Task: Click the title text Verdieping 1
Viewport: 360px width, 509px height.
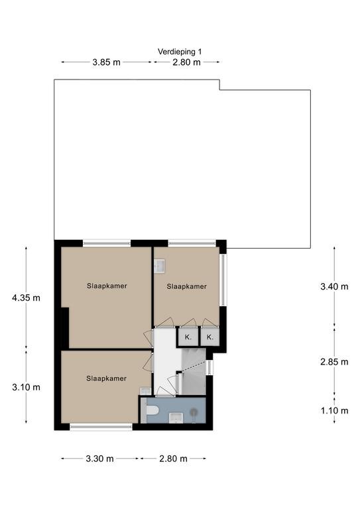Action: coord(180,52)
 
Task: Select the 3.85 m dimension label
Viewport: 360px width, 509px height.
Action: coord(106,62)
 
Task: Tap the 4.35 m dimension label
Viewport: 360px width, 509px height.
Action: coord(26,298)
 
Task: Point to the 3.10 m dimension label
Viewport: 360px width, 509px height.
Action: coord(26,387)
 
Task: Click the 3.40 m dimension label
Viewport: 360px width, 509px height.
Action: coord(334,286)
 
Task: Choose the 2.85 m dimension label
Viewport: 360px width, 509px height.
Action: coord(334,362)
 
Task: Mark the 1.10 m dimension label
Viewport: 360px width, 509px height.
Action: coord(334,411)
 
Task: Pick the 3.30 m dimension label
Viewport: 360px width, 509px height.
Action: coord(99,459)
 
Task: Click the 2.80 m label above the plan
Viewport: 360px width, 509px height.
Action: coord(186,62)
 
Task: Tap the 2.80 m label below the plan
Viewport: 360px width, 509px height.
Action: coord(173,459)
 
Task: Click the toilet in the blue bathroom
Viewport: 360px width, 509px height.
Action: coord(150,410)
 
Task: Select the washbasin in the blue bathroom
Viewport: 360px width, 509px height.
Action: coord(176,418)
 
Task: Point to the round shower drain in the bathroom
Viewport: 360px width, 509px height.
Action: coord(194,412)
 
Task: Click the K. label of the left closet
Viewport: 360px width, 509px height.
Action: coord(188,337)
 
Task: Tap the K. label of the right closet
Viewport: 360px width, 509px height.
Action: coord(210,337)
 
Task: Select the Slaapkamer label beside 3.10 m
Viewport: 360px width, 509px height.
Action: coord(107,378)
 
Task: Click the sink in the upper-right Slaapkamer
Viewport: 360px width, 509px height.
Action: coord(159,265)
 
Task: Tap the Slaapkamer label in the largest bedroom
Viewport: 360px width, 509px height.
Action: coord(107,286)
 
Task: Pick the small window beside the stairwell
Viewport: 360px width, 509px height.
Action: coord(210,367)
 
